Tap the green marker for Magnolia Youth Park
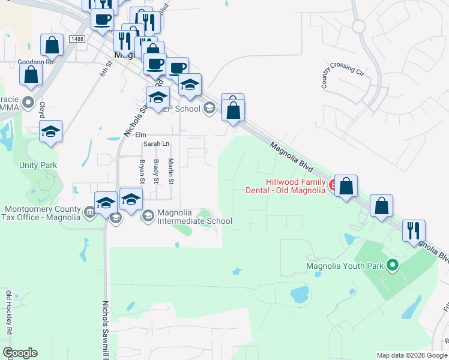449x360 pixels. tap(393, 264)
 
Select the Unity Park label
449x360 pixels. tap(38, 165)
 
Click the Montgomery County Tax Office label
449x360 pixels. tap(42, 214)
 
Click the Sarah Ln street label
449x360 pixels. tap(156, 144)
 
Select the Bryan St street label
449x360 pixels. tap(142, 171)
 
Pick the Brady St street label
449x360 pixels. tap(156, 171)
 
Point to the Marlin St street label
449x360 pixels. tap(170, 171)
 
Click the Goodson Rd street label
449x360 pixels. tap(36, 61)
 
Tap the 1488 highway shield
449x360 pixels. tap(77, 39)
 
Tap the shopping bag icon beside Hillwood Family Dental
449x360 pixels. tap(346, 186)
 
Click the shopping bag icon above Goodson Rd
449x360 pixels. tap(52, 45)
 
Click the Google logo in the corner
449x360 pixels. tap(20, 353)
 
